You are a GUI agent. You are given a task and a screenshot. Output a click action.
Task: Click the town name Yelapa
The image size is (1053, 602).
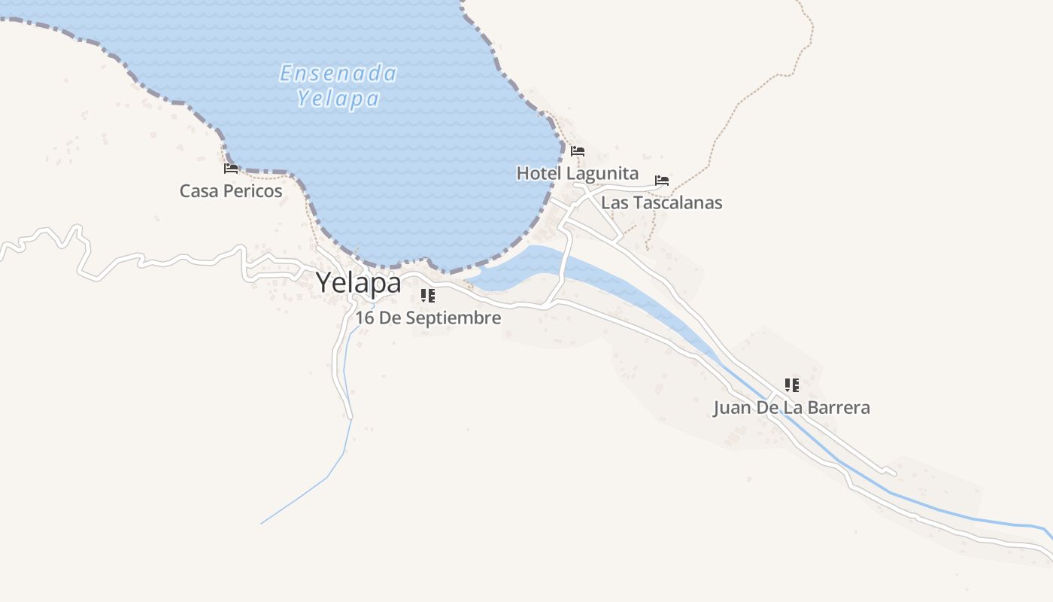coord(358,283)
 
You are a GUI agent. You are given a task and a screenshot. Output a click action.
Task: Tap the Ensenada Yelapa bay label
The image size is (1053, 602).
coord(338,86)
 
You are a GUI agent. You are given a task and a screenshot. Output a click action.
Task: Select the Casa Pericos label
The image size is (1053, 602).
coord(231,191)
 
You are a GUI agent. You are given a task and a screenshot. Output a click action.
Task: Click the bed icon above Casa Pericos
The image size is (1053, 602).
coord(231,169)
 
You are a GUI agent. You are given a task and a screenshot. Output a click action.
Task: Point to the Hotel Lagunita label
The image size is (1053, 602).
coord(577,174)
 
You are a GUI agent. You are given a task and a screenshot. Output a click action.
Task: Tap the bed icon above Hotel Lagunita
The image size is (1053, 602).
coord(578,151)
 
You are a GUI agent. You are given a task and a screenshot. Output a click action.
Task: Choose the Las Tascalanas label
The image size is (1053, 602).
coord(661,203)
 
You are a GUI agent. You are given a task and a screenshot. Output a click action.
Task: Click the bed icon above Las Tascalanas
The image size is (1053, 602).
coord(662,181)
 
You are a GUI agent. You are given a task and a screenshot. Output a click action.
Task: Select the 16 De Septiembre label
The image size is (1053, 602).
coord(428,318)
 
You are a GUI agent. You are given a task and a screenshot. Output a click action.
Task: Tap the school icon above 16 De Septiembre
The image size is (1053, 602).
coord(428,296)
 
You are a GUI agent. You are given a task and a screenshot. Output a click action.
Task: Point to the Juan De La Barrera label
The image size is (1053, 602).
coord(791,408)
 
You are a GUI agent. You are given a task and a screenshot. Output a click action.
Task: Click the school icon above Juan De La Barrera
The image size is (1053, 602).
coord(791,385)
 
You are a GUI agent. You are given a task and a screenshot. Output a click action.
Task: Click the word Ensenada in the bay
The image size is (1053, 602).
coord(338,74)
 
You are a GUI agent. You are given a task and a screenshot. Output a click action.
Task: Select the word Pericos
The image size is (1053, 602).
coord(256,191)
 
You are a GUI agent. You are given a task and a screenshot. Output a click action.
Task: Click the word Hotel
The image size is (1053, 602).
coord(539,174)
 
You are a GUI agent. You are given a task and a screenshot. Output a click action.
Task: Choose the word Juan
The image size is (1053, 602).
coord(730,408)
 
